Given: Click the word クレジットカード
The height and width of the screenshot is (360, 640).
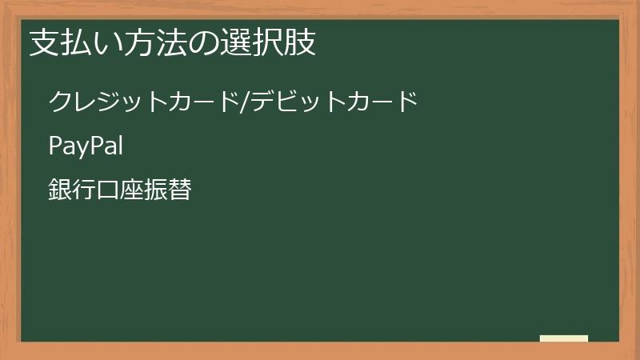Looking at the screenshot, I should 144,102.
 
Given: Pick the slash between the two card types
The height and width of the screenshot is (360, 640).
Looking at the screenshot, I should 245,102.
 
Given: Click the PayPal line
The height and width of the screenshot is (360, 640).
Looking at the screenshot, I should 85,146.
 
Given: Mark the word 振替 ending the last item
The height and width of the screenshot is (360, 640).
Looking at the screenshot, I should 168,190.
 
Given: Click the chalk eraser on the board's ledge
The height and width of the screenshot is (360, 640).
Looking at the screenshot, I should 563,338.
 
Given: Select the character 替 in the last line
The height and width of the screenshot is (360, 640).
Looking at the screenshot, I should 180,190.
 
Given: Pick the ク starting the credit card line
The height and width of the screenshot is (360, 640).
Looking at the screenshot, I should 61,102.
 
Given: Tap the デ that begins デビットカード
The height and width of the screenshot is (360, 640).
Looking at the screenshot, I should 263,102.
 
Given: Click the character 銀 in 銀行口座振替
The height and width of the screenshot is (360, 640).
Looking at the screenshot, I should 60,190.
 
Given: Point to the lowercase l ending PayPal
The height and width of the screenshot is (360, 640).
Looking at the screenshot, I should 118,146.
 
